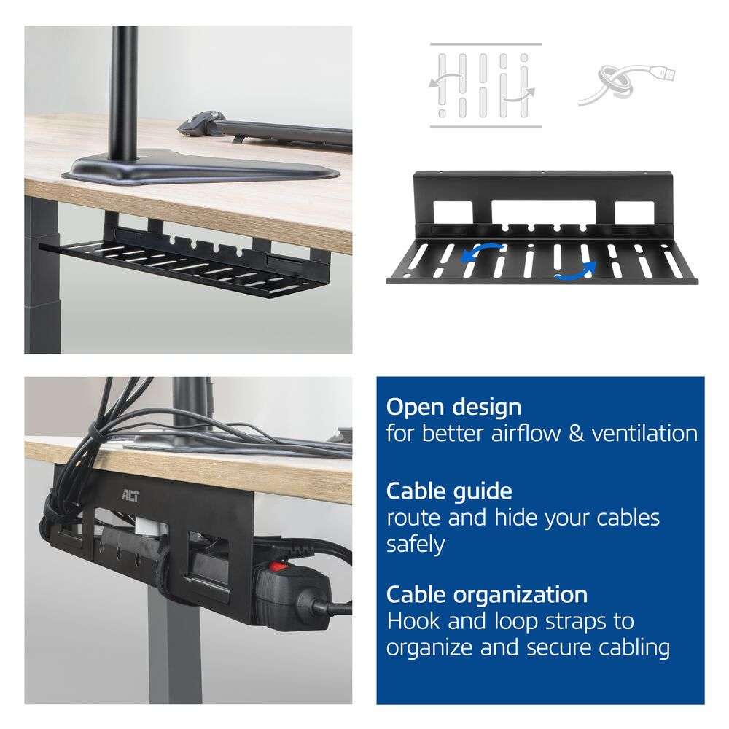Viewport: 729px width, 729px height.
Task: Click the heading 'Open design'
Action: [453, 408]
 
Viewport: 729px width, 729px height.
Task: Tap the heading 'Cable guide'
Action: [449, 491]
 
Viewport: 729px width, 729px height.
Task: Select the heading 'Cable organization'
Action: [487, 595]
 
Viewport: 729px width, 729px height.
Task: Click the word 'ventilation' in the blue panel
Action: [644, 433]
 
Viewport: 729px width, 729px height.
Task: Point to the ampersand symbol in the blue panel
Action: [576, 434]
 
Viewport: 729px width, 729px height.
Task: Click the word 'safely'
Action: [416, 544]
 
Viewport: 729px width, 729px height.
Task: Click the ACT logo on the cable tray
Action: [130, 496]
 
